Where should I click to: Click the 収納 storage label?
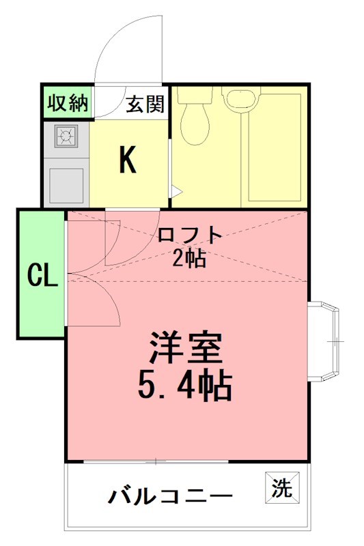pos(68,103)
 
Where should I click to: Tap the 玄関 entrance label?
pos(145,104)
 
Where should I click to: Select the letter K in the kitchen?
pos(128,160)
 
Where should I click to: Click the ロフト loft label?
pos(189,235)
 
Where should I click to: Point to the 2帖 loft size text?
pos(189,259)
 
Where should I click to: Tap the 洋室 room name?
pos(186,350)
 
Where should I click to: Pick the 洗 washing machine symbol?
pos(281,489)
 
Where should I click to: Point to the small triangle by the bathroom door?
pos(175,192)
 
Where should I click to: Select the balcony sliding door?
pos(155,463)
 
